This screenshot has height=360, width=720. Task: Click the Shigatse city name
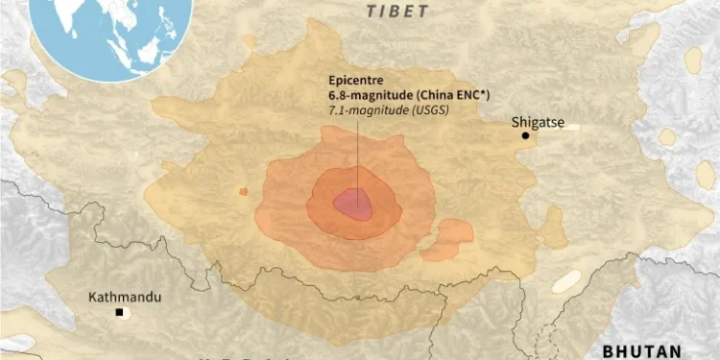(536, 123)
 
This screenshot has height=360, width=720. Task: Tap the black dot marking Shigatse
(525, 136)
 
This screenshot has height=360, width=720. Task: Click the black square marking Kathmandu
(120, 313)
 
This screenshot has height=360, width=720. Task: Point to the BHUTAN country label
(641, 351)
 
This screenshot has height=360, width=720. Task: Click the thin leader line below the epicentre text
(359, 154)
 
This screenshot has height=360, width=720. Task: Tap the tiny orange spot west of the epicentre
(243, 192)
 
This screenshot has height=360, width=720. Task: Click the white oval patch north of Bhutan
(565, 281)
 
